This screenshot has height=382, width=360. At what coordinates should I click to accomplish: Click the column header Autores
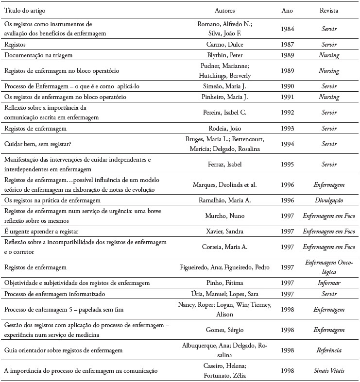[x=224, y=10]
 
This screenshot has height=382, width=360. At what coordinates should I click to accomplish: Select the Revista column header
[x=329, y=10]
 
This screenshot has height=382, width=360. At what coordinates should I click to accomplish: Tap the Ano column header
[x=287, y=10]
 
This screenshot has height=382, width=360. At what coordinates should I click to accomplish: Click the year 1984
[x=287, y=29]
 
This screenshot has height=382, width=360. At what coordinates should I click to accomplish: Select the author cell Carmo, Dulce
[x=224, y=44]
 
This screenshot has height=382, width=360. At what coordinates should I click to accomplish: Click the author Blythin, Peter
[x=224, y=55]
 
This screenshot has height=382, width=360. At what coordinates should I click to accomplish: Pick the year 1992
[x=287, y=113]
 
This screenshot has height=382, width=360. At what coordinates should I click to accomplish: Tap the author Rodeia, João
[x=224, y=129]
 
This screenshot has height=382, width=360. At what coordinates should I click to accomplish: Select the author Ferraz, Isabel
[x=224, y=164]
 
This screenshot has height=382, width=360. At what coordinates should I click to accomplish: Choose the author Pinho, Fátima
[x=224, y=282]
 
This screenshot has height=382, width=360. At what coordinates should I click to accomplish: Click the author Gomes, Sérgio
[x=224, y=330]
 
